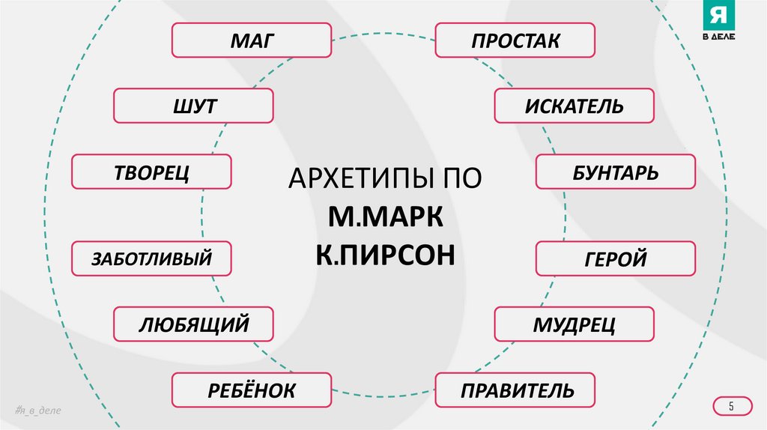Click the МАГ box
(x=252, y=40)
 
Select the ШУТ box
(x=193, y=106)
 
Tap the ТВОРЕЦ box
(x=151, y=172)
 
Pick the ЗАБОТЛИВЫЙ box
(x=151, y=259)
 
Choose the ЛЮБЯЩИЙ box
(x=193, y=324)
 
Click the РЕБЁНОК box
(x=252, y=390)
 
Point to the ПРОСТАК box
(x=515, y=40)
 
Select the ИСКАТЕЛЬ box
(x=574, y=106)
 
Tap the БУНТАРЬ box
(x=616, y=172)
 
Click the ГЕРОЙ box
(x=616, y=259)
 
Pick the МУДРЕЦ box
(x=574, y=324)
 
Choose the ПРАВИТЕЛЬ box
(x=515, y=390)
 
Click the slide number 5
(x=732, y=406)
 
